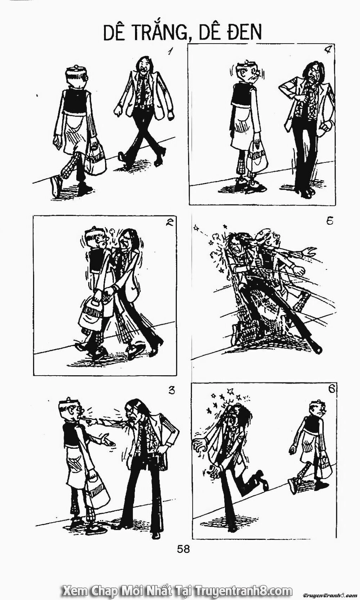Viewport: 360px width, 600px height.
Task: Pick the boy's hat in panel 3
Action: (x=68, y=403)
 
